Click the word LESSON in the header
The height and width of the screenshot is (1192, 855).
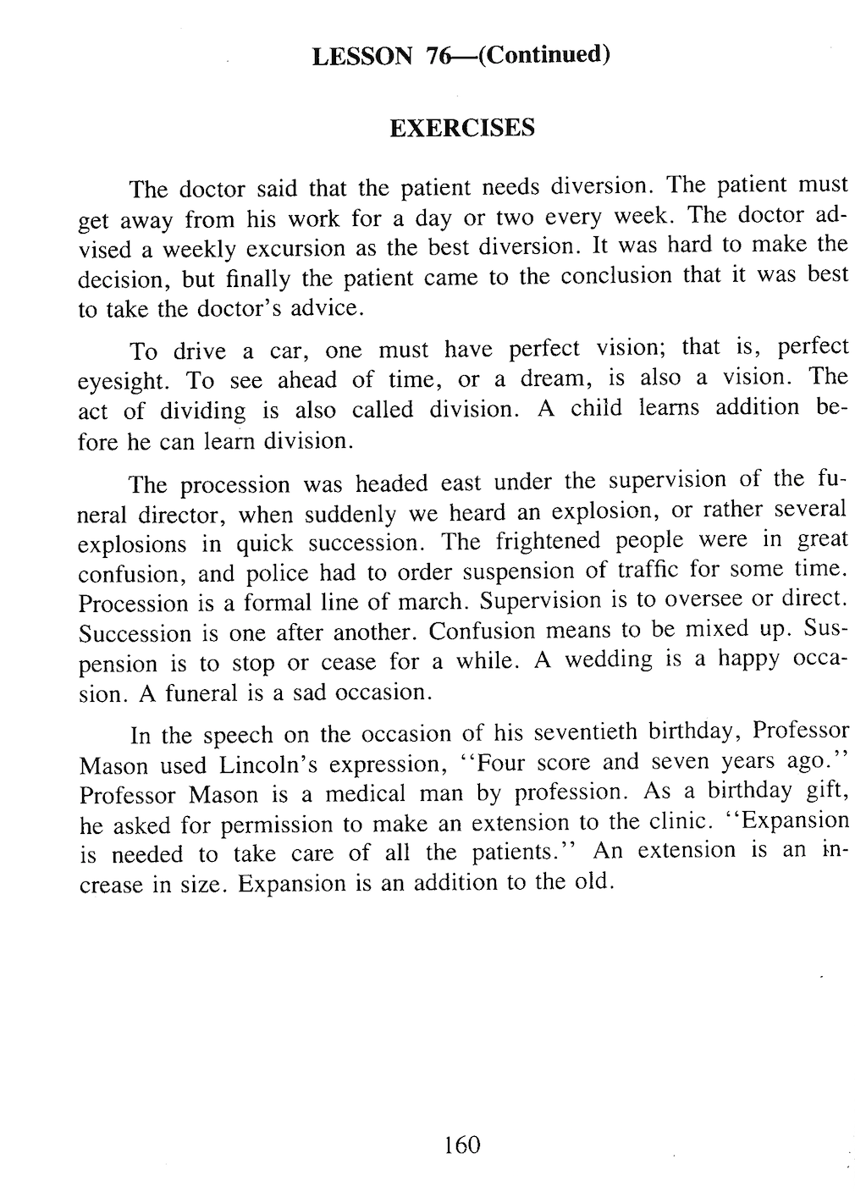point(361,57)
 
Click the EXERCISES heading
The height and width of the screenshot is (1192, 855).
point(462,128)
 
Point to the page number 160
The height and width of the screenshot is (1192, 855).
point(461,1145)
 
